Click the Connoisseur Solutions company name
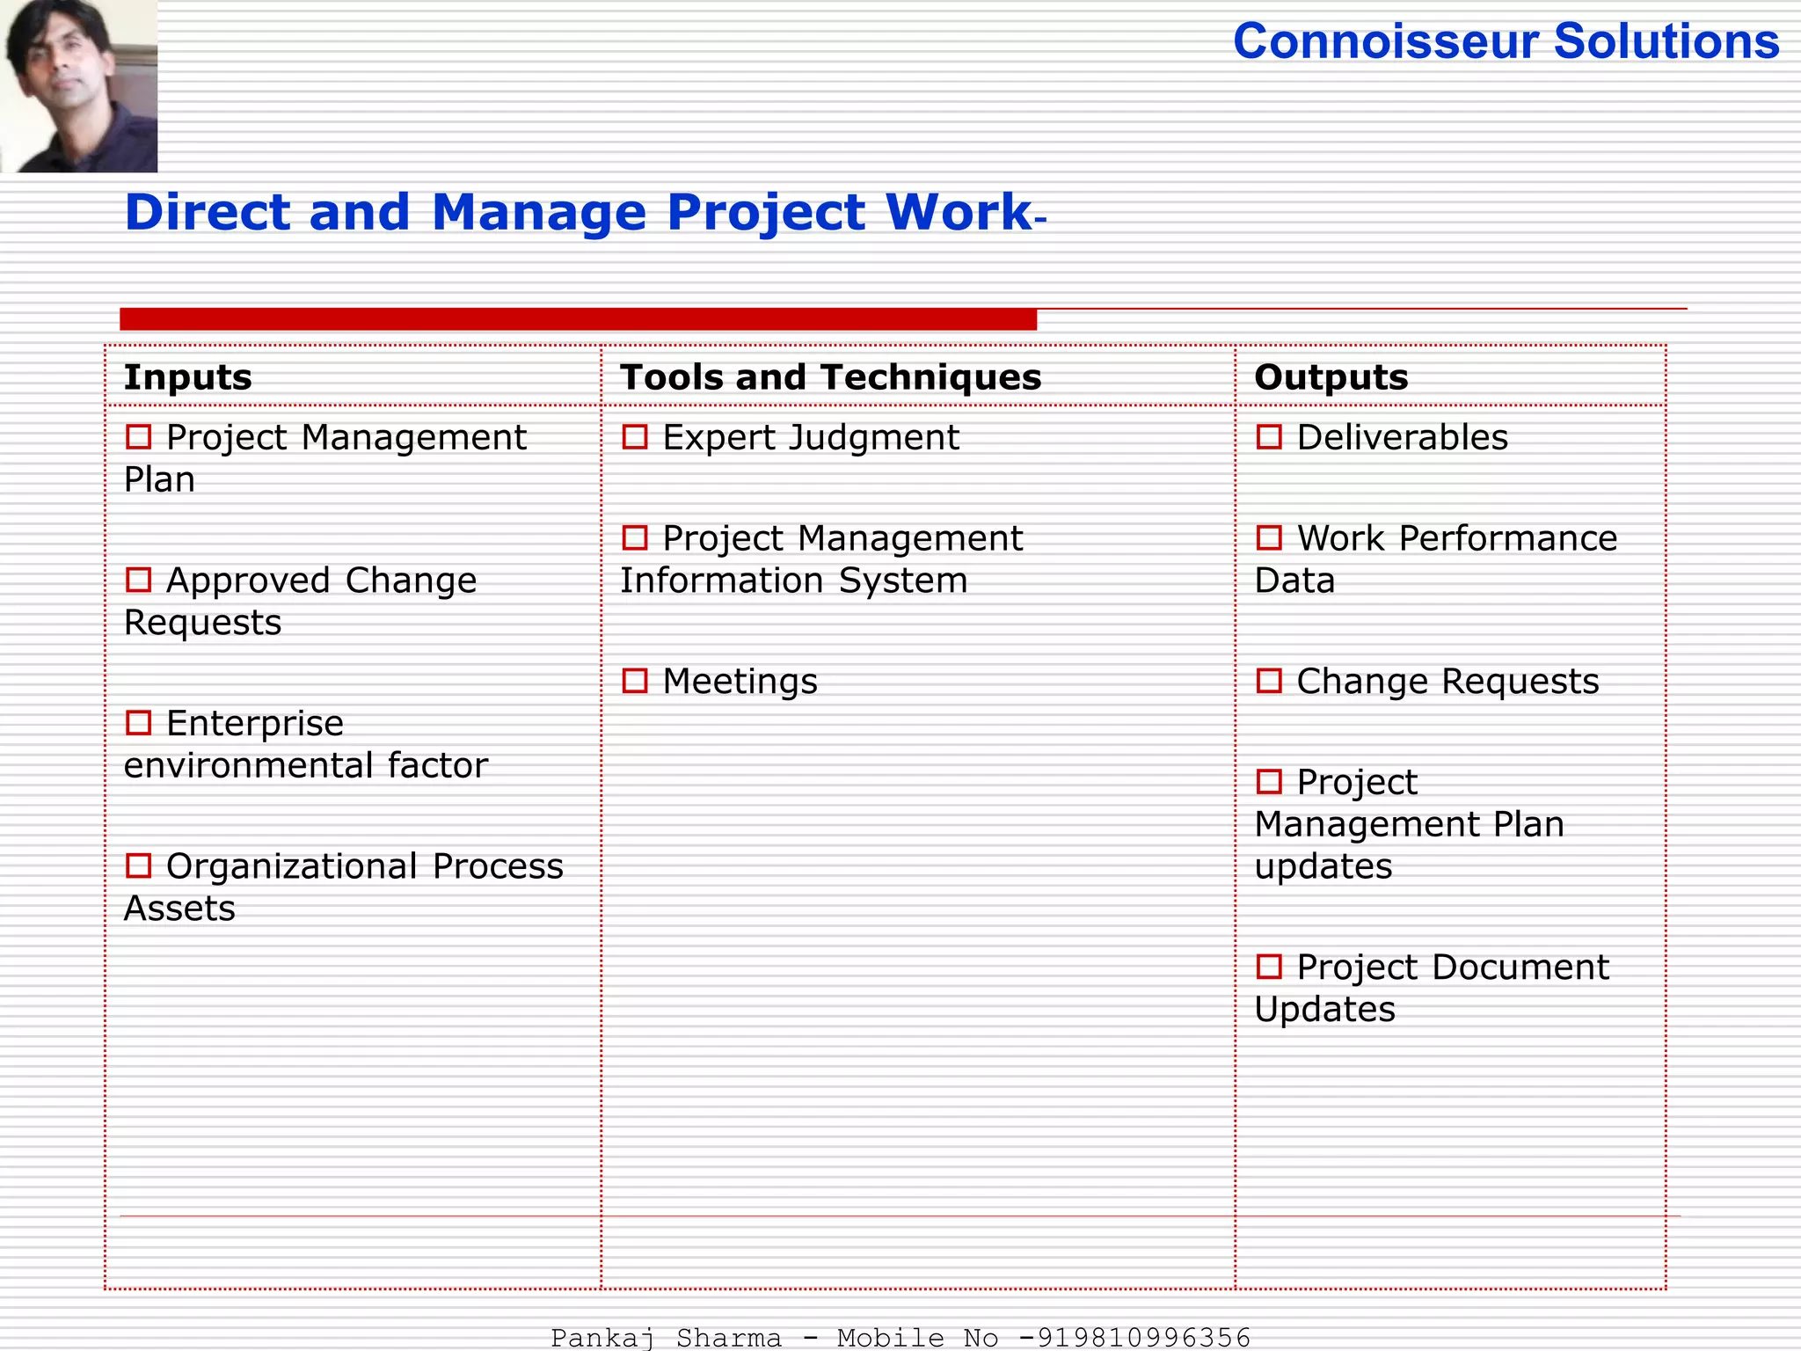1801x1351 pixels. coord(1506,41)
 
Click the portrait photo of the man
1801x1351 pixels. coord(78,85)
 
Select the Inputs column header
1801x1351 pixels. coord(187,377)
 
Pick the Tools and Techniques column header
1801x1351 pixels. coord(830,377)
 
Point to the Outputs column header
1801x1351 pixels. coord(1331,377)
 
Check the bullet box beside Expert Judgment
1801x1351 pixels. coord(635,437)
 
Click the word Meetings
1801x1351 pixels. coord(740,682)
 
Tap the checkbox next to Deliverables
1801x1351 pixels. coord(1269,437)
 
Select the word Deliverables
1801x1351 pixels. coord(1402,437)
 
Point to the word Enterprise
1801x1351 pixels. coord(254,724)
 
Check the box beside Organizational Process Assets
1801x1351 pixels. coord(139,866)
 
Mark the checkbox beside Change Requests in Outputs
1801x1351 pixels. coord(1269,682)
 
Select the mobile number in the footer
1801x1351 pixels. coord(1143,1338)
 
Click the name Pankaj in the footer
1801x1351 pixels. coord(602,1338)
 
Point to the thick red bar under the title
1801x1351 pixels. coord(578,319)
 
